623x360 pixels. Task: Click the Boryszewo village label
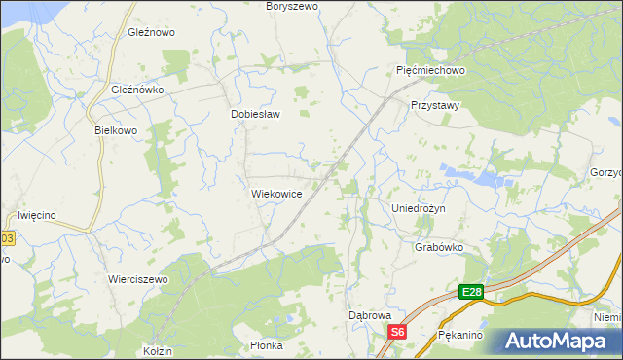pos(293,6)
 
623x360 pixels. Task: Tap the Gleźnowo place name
pos(151,32)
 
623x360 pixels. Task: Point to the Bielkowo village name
pos(116,130)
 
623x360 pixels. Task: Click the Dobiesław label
pos(255,114)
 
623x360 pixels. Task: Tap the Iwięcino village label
pos(40,215)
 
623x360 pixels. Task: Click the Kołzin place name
pos(158,350)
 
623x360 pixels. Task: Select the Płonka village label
pos(266,345)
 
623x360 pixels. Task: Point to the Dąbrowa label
pos(370,316)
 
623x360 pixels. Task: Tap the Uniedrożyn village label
pos(418,209)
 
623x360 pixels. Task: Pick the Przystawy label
pos(435,105)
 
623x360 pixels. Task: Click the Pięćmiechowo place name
pos(432,71)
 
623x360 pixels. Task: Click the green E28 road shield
pos(471,292)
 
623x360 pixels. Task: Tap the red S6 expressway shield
pos(396,333)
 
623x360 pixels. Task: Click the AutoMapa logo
pos(558,341)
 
